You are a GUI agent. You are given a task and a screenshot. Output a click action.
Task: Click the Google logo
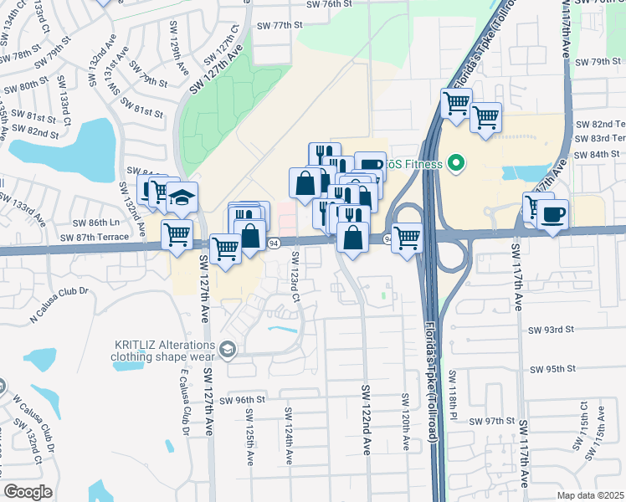(28, 492)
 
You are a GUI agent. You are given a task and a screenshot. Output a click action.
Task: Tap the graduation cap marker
(182, 198)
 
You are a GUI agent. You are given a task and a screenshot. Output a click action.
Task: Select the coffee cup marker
(552, 215)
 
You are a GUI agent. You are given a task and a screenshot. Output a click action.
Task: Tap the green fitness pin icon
(455, 163)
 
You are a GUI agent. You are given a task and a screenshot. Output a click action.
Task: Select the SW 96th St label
(239, 400)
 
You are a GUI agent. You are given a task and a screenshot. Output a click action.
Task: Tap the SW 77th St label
(280, 25)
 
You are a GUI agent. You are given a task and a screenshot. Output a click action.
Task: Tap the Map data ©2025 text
(589, 494)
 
